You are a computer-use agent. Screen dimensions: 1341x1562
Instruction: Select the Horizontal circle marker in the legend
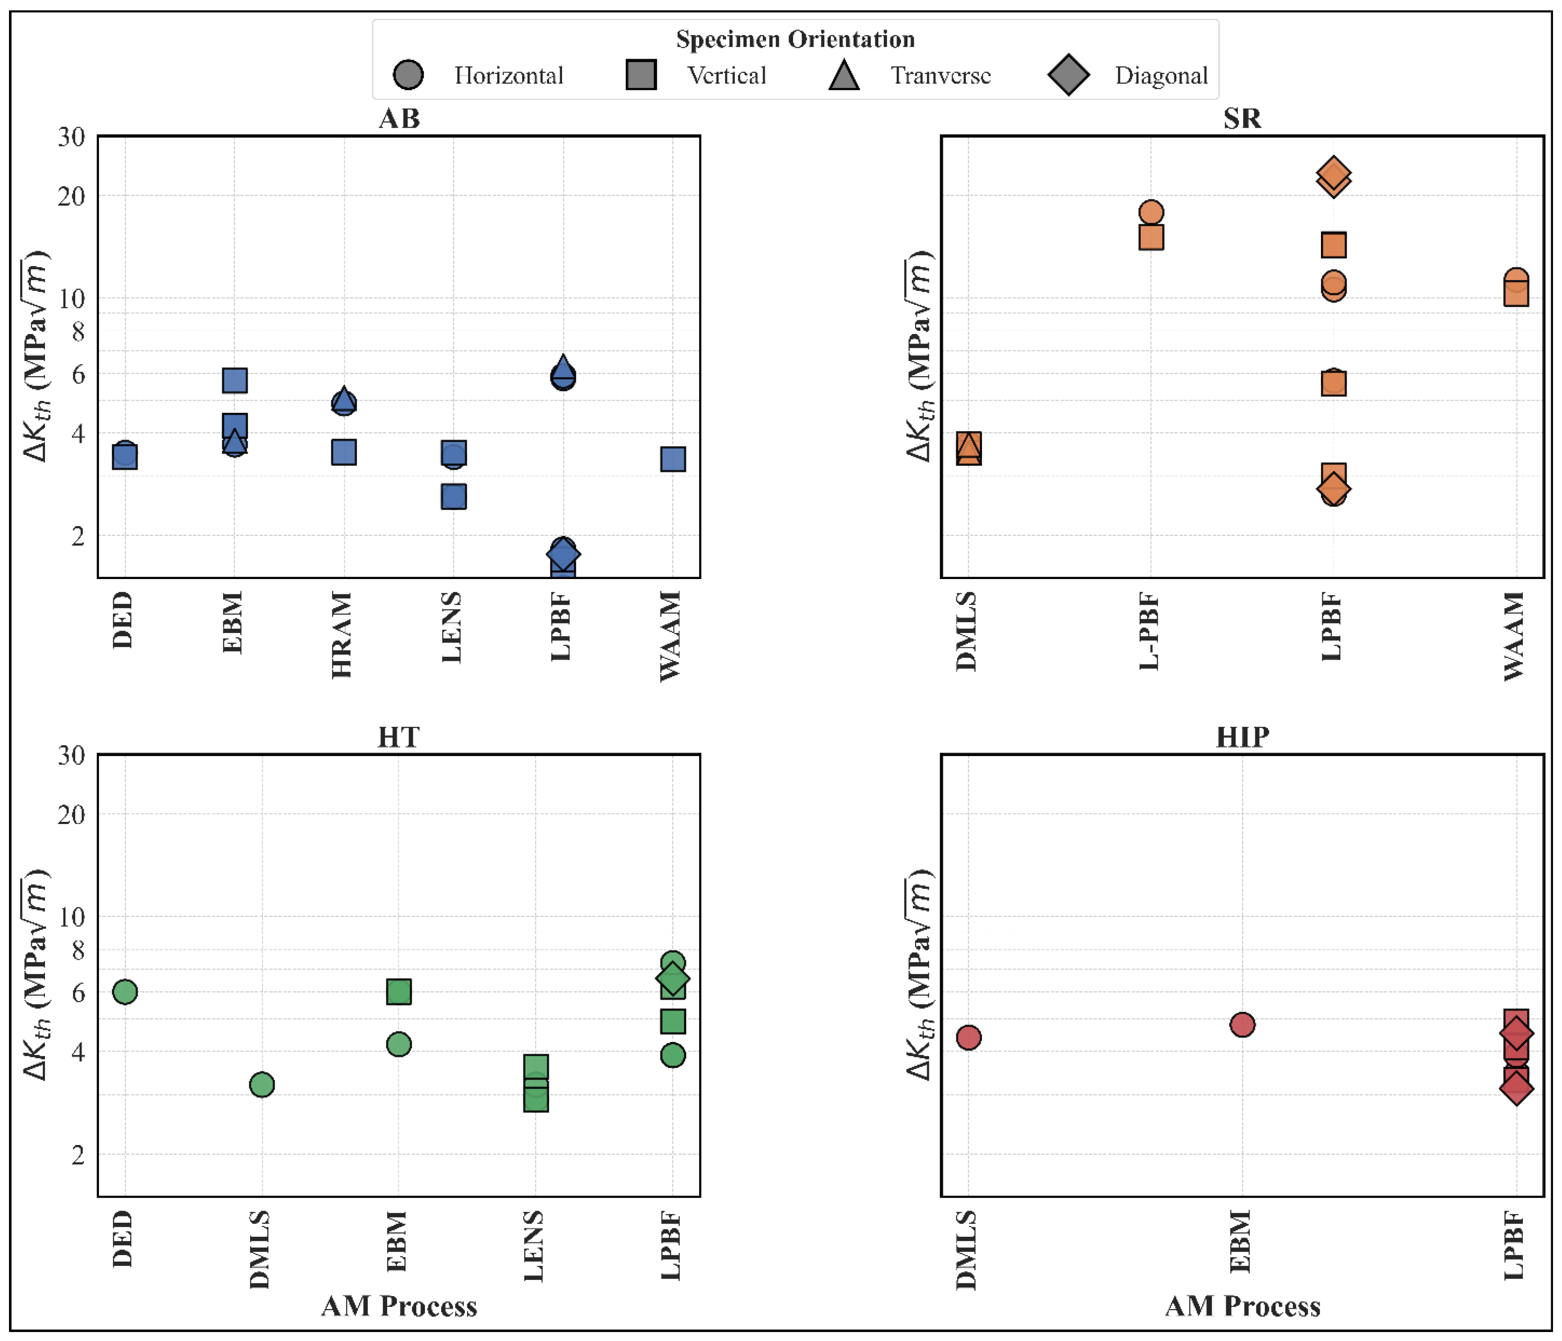(408, 75)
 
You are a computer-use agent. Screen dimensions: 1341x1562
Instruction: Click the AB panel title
(399, 118)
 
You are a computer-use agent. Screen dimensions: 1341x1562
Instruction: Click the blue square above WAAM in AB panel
(673, 459)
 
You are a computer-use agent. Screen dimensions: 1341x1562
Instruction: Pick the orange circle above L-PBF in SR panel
(1151, 212)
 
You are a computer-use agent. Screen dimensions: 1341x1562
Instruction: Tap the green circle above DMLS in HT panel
(262, 1085)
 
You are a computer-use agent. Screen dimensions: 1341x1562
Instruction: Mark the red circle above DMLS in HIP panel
(968, 1037)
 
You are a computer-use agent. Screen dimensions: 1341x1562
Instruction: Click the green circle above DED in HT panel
(125, 992)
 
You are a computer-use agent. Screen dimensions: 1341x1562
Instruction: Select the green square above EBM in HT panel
(399, 992)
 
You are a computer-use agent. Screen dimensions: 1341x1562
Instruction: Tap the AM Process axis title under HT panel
(399, 1306)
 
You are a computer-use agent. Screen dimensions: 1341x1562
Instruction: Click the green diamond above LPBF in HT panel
(673, 979)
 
